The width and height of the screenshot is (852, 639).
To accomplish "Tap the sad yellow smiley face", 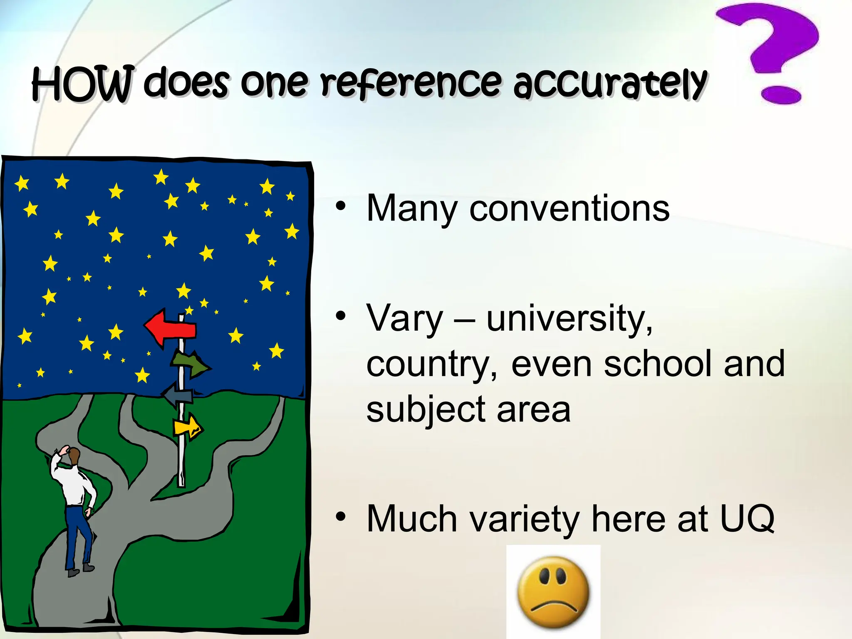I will (553, 592).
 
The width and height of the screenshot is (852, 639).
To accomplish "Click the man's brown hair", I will (74, 456).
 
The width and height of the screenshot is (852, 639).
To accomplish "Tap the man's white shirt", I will (73, 485).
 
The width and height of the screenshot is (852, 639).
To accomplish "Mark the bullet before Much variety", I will (341, 517).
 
